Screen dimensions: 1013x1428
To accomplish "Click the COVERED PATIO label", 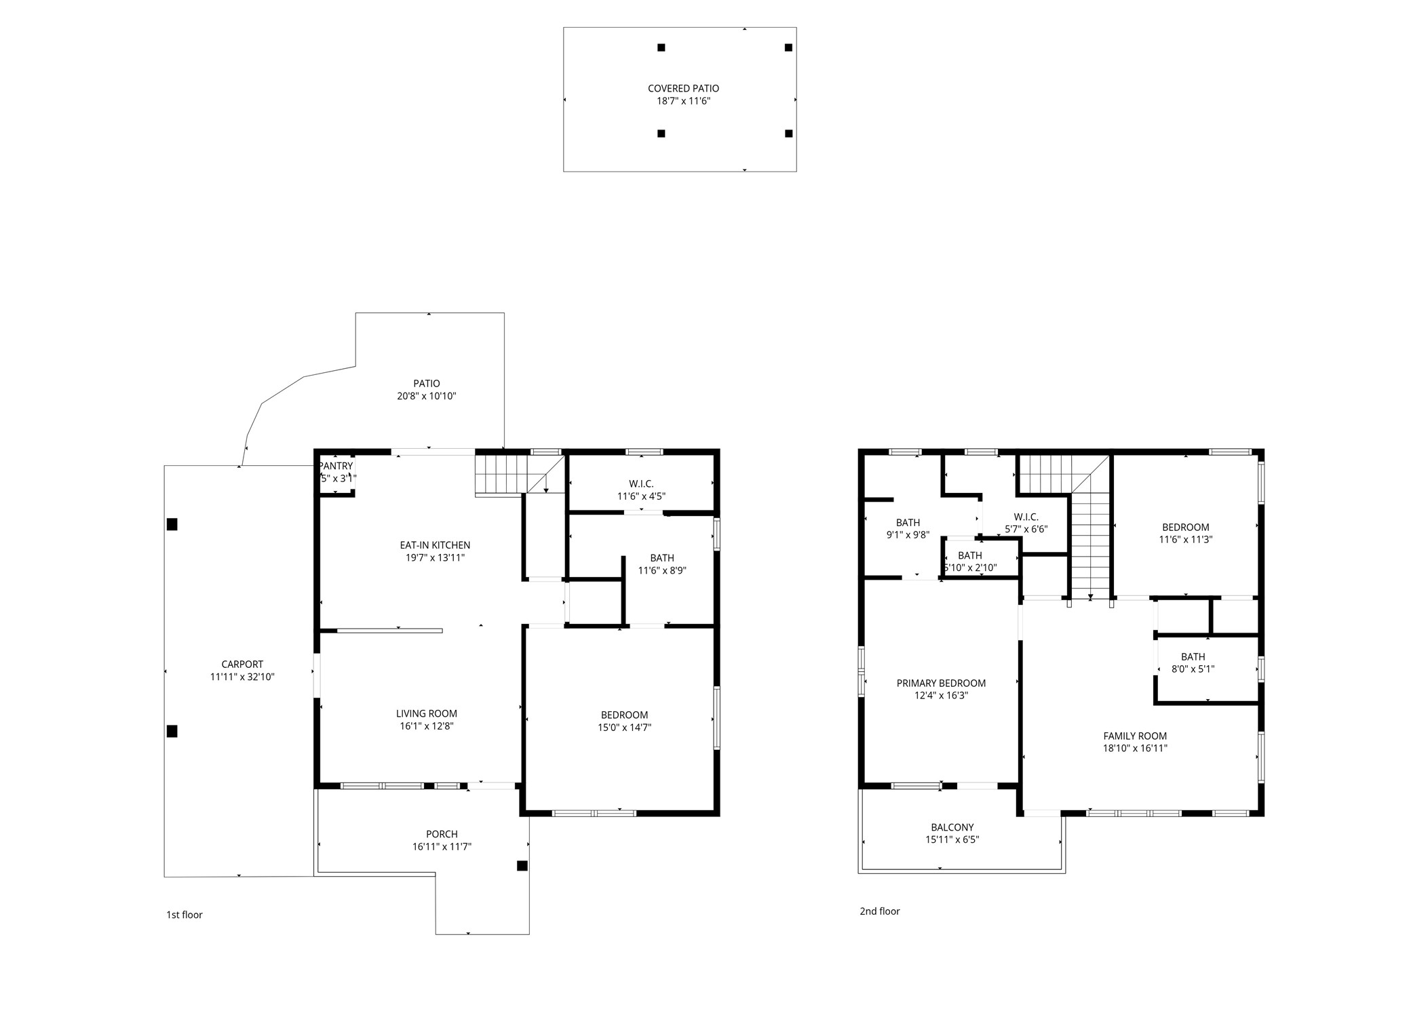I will pos(682,88).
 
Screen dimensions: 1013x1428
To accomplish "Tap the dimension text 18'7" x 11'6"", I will pos(682,101).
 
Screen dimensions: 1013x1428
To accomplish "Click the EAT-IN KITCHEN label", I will pos(434,545).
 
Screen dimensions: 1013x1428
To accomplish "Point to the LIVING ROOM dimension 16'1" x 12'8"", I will pos(426,726).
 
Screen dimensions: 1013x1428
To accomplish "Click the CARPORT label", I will pos(242,664).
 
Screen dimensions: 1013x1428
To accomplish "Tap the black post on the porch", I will pos(522,866).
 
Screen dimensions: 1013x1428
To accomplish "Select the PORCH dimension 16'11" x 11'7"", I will pos(441,847).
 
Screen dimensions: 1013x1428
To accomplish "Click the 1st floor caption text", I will pos(184,915).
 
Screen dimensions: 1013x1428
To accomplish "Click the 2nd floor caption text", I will pos(879,911).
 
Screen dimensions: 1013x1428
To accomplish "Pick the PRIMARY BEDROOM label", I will pos(940,683).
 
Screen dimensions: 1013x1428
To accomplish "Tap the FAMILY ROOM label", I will pos(1134,736).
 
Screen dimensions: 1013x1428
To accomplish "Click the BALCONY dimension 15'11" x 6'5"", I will pos(952,840).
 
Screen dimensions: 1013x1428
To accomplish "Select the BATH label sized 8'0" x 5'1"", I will pos(1192,656).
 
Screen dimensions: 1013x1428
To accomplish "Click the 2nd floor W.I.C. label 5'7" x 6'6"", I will pos(1026,517).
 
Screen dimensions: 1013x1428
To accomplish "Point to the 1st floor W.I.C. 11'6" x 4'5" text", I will pos(640,496).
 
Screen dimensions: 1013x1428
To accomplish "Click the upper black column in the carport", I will pos(172,524).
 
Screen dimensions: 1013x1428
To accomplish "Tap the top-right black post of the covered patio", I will pos(788,47).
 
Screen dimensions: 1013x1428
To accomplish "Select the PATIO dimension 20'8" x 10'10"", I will pos(426,396).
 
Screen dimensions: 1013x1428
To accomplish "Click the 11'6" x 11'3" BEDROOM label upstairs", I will pos(1185,527).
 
